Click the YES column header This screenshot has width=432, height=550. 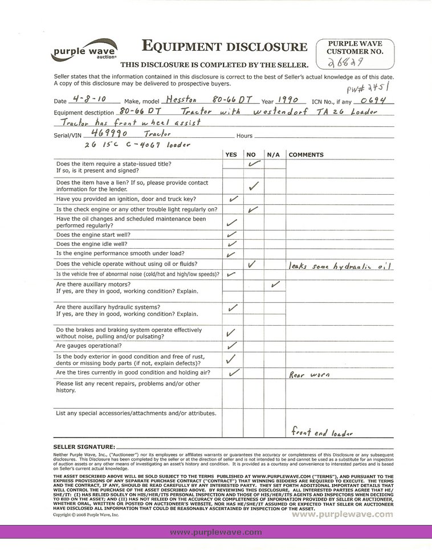click(231, 155)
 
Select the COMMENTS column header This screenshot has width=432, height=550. click(306, 155)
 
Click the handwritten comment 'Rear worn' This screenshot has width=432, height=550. click(310, 375)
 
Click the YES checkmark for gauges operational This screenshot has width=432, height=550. click(232, 345)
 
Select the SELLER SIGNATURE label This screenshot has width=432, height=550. click(84, 447)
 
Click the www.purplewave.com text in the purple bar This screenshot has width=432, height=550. click(216, 532)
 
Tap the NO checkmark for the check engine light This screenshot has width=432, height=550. click(254, 210)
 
